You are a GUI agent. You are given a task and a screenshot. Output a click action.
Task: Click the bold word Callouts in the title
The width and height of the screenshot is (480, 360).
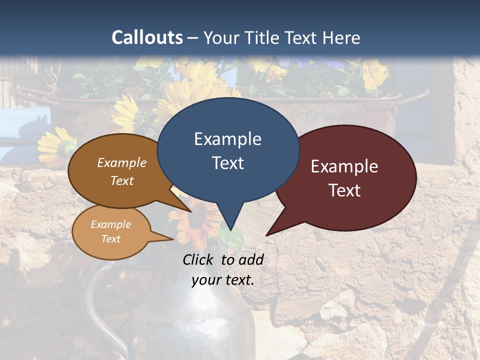[x=147, y=37]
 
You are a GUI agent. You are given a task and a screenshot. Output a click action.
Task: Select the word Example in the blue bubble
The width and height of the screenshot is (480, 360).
[x=227, y=139]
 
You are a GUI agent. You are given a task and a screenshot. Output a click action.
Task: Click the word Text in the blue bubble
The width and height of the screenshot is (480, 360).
[x=227, y=163]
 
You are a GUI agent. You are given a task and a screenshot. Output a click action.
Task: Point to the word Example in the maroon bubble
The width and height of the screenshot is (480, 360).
[x=344, y=166]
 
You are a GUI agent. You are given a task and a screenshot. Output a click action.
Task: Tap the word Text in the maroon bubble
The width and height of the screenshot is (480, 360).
[x=344, y=190]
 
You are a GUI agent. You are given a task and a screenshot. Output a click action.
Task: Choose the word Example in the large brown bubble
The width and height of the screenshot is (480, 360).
[x=122, y=162]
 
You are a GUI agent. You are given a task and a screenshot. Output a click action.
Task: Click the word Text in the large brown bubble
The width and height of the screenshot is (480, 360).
[x=122, y=180]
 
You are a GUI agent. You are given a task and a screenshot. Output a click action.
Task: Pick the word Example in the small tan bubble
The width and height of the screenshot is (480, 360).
[x=111, y=224]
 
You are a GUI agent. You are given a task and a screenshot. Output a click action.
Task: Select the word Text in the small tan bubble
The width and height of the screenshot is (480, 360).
[x=111, y=239]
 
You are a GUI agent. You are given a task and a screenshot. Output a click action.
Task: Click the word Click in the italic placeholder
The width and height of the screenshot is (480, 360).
[x=199, y=259]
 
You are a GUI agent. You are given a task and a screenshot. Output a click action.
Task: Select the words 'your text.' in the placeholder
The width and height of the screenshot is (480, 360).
[x=223, y=280]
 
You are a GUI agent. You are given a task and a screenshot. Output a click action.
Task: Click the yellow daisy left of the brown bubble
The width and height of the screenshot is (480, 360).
[x=56, y=145]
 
